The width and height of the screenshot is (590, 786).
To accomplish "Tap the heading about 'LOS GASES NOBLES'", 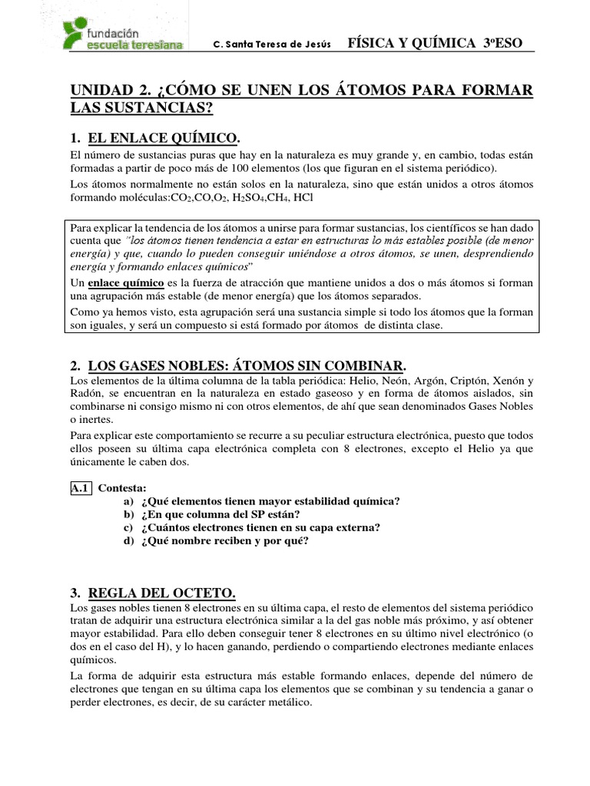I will [246, 364].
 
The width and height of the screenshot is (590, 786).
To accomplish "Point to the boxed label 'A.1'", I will [81, 487].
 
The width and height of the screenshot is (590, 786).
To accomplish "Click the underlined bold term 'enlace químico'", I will [121, 282].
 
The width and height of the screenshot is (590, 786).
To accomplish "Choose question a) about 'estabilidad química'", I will [270, 500].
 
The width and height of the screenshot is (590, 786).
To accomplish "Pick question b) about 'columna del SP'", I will [220, 514].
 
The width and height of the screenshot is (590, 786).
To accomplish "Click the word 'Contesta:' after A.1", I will [122, 487].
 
